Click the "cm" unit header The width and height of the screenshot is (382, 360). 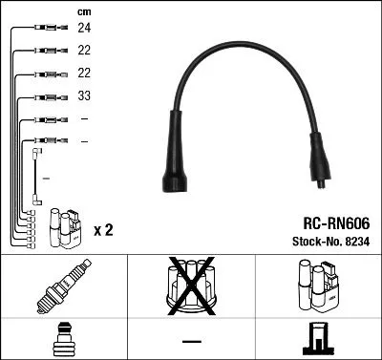coord(84,11)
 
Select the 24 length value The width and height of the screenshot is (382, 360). coord(84,29)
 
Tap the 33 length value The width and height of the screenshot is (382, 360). coord(84,96)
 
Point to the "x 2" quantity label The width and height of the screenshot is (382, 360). coord(103,230)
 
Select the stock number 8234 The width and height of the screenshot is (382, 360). coord(355,243)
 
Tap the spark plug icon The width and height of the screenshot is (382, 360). coord(64,288)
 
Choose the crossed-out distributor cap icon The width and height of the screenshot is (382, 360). coord(192,287)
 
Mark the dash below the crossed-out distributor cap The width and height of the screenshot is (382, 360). coord(191,340)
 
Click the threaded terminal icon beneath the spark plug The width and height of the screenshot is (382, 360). coord(63,340)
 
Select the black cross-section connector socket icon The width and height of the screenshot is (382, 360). coord(317,339)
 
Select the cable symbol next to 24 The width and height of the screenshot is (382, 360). coord(48,29)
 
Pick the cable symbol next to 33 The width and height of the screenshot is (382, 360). coord(48,96)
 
